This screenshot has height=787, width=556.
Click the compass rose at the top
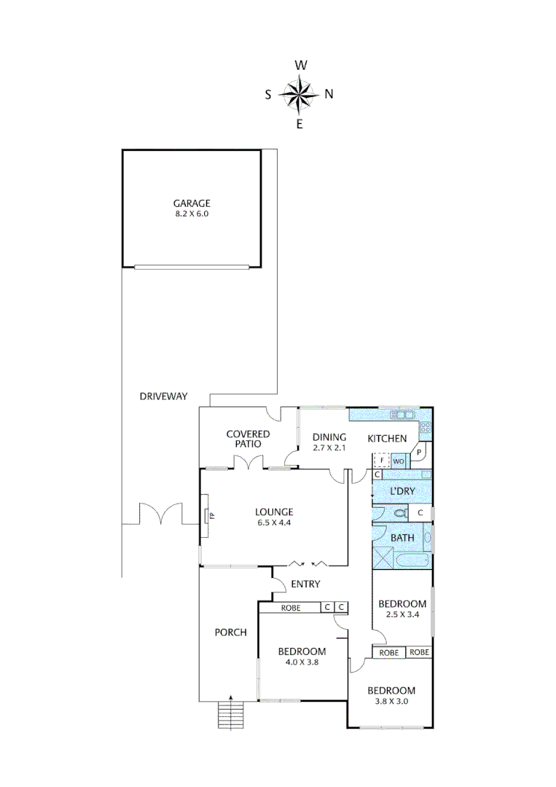(x=299, y=94)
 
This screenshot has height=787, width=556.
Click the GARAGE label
(x=191, y=203)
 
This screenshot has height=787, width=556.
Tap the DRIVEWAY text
(x=163, y=396)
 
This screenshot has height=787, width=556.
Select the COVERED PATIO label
(x=248, y=439)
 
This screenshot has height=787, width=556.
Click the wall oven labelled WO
(x=399, y=461)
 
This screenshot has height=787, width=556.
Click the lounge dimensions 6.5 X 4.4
(x=273, y=522)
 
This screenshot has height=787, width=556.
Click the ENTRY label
(x=305, y=584)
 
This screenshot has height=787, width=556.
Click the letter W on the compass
(x=299, y=66)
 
